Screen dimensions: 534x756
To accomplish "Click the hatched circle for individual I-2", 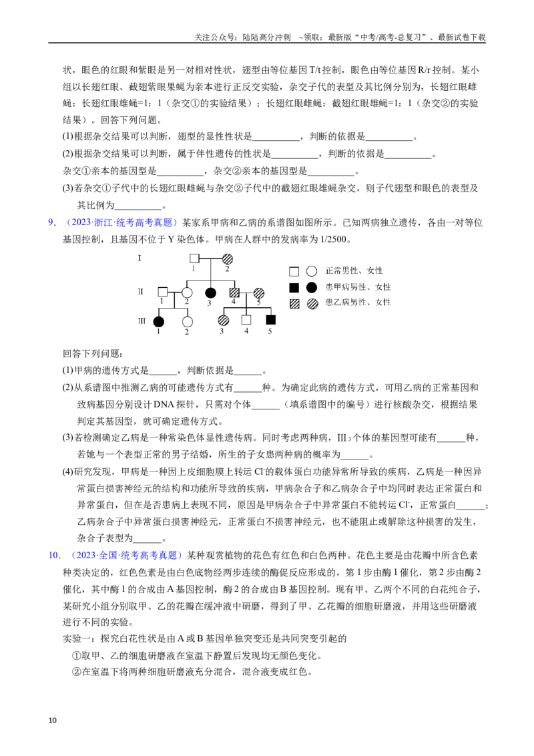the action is pos(227,258).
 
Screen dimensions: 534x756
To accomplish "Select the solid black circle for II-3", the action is pos(210,293).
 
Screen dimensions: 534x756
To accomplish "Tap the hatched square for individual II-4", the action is pos(234,293).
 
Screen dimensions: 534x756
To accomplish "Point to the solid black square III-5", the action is pos(270,320).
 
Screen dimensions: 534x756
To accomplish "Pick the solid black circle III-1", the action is pos(158,322).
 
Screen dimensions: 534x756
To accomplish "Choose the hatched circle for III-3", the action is pos(223,320).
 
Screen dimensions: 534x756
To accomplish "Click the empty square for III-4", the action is pos(246,320).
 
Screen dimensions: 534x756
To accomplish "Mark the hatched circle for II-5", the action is pos(259,293).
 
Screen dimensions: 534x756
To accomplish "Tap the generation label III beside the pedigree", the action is pos(142,321).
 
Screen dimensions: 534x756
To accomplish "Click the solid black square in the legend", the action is pos(294,288).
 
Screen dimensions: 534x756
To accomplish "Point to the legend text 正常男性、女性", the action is pos(354,271).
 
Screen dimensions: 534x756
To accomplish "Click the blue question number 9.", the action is pos(53,222).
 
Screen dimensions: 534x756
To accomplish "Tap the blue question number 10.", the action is pos(55,556).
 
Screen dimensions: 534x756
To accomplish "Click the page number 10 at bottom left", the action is pos(53,721).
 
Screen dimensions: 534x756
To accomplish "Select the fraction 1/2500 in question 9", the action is pos(334,239).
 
